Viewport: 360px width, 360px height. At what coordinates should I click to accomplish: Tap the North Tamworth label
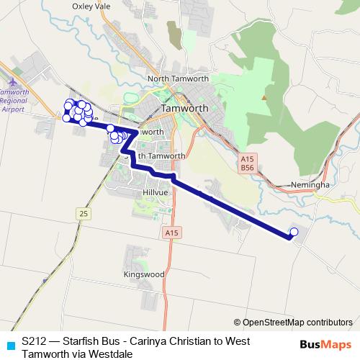click(x=177, y=78)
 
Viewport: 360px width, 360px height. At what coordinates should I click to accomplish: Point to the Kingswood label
click(x=143, y=274)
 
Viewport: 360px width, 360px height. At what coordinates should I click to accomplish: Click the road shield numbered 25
click(x=84, y=213)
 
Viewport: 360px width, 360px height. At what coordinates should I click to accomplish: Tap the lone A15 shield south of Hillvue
click(x=170, y=233)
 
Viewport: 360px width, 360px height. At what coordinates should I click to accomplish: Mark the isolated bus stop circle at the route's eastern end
click(x=294, y=232)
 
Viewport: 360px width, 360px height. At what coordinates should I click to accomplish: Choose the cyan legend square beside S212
click(x=9, y=343)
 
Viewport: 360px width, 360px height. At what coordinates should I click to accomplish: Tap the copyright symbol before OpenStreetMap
click(x=238, y=322)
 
